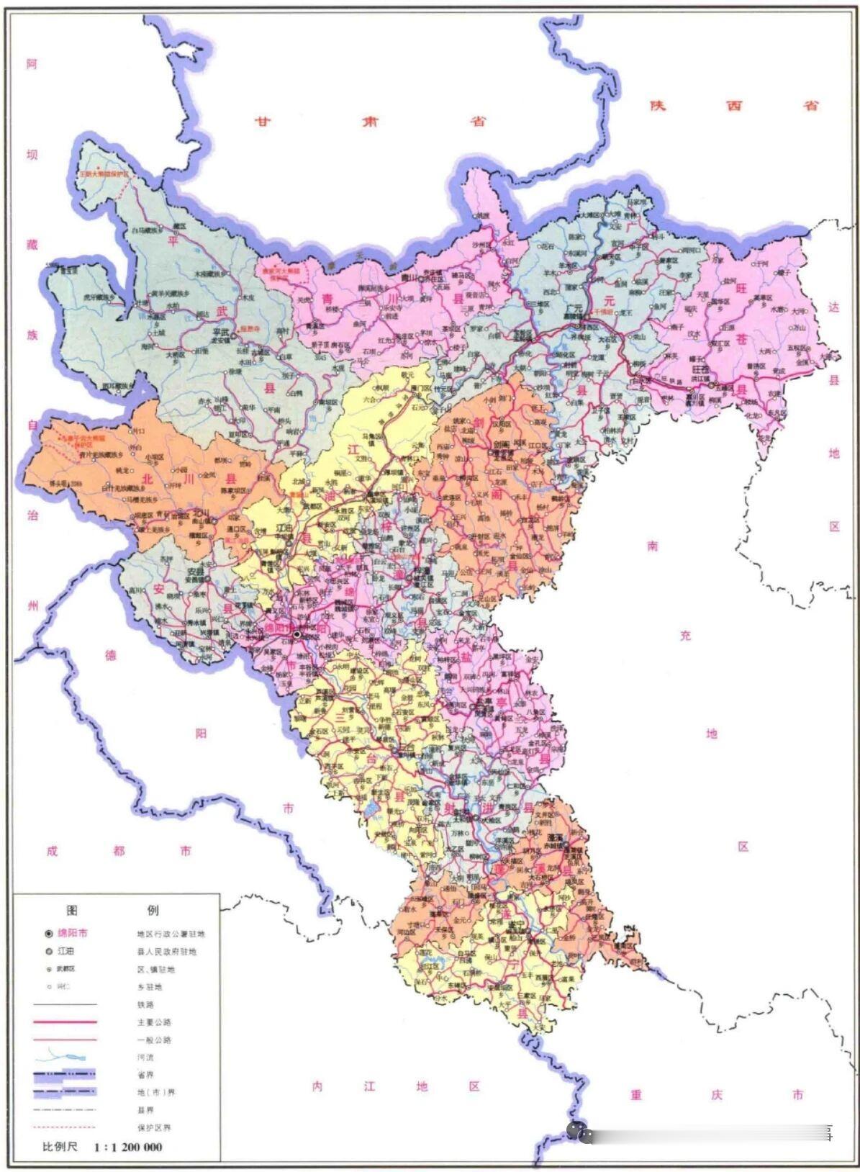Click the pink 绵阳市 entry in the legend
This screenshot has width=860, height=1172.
click(x=72, y=933)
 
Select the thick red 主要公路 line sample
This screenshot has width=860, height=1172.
click(x=65, y=1022)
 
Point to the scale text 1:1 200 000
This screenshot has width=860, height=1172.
click(x=127, y=1147)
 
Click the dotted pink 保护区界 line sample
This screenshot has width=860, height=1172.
click(x=65, y=1127)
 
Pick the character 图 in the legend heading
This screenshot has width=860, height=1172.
click(x=72, y=910)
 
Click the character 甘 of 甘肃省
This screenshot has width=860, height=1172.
click(x=263, y=122)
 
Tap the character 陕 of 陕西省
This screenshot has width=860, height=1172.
click(x=657, y=106)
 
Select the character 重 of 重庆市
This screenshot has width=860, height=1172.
click(x=636, y=1095)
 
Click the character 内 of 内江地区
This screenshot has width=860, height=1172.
click(x=317, y=1086)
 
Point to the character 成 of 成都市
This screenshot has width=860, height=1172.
click(x=52, y=851)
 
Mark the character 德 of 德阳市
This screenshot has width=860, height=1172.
click(x=111, y=655)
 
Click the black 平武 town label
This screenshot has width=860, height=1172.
click(x=219, y=333)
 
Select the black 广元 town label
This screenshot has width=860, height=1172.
click(x=574, y=307)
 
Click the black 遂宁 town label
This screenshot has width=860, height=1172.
click(x=515, y=924)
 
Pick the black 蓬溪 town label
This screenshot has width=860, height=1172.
click(x=554, y=839)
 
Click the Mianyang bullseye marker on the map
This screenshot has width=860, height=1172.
click(x=296, y=634)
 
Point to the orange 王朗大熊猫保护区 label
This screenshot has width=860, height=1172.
click(x=104, y=174)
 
